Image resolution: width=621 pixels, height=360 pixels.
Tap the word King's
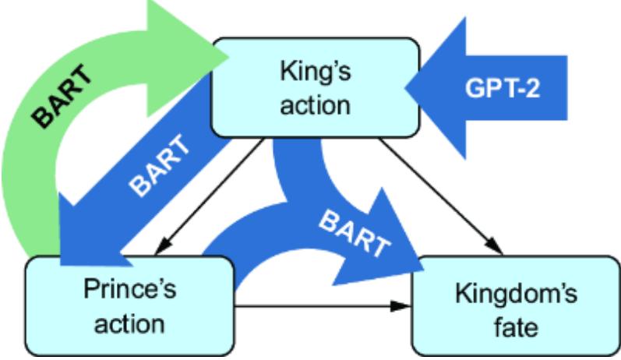point(315,74)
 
